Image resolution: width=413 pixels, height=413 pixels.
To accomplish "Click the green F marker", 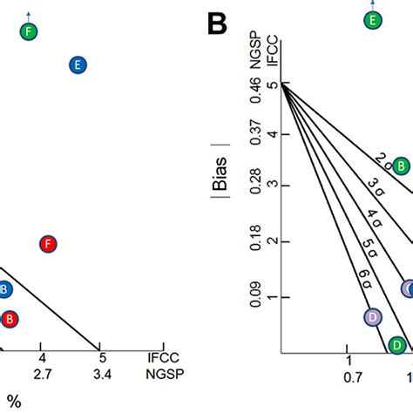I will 30,32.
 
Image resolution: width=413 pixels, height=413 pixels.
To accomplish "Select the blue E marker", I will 78,64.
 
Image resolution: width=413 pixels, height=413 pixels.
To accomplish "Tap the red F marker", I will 49,244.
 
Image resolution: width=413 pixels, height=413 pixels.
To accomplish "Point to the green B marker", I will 401,166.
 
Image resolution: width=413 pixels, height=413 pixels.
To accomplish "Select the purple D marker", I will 373,316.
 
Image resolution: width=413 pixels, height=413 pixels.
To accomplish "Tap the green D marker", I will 397,345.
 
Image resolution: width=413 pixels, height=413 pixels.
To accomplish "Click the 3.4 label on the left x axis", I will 102,375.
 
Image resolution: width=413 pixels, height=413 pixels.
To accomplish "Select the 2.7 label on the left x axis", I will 42,375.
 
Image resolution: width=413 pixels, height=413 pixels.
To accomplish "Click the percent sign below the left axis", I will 15,402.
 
